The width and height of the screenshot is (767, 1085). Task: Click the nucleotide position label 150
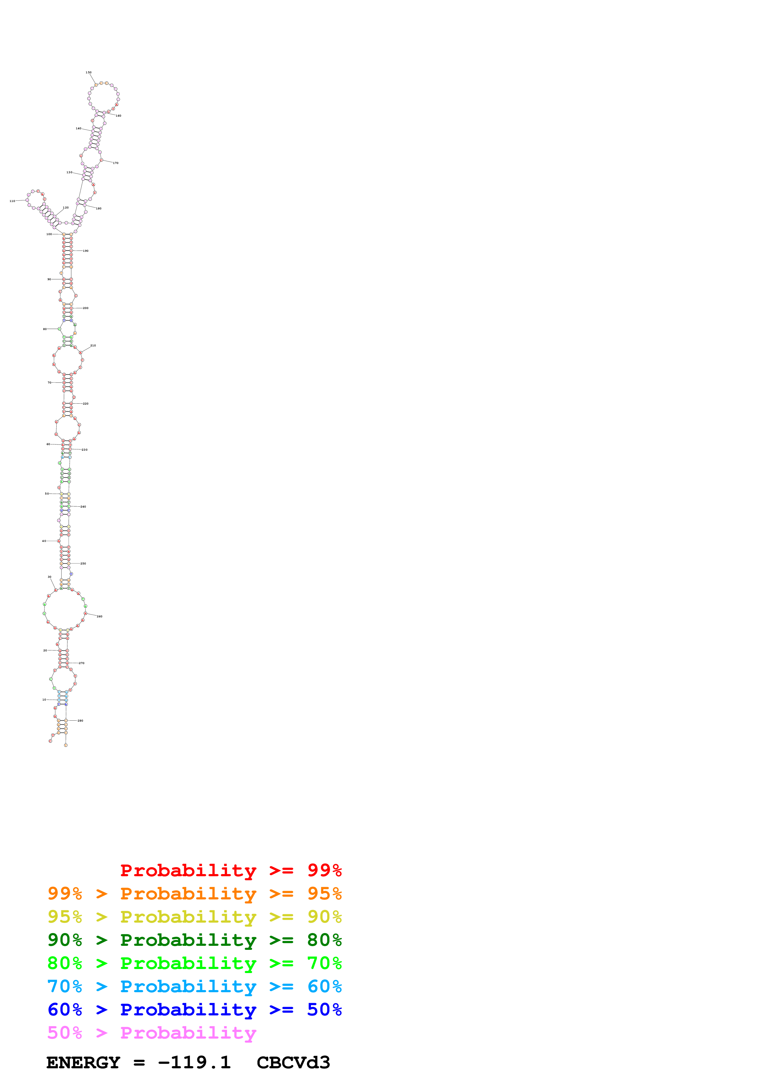coord(88,73)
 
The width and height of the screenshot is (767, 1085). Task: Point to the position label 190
coord(85,251)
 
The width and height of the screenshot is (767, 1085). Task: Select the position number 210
coord(93,345)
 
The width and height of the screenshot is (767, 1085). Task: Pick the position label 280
coord(80,721)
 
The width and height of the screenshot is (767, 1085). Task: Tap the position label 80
coord(45,329)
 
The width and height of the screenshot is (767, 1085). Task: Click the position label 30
coord(49,577)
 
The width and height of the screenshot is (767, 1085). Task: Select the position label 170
coord(115,163)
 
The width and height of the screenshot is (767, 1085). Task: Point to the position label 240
coord(83,507)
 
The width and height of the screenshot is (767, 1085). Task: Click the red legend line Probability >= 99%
coord(231,870)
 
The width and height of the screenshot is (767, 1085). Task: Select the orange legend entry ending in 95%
coord(194,894)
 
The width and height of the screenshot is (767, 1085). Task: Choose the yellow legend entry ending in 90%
coord(194,917)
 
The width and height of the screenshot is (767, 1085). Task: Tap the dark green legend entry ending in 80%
coord(194,940)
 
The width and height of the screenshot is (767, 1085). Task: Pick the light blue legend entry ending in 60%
coord(194,987)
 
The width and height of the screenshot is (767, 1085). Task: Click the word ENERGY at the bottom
coord(83,1063)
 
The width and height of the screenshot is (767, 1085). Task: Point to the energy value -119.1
coord(194,1063)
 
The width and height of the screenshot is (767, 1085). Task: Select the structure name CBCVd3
coord(293,1063)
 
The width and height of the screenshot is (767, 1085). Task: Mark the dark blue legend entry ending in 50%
coord(194,1010)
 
